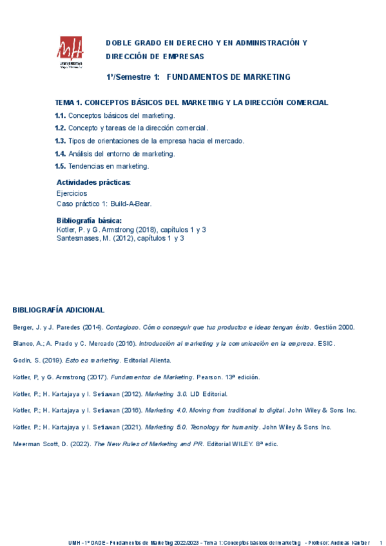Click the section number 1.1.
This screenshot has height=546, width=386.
point(60,115)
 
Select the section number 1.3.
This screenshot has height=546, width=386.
point(60,141)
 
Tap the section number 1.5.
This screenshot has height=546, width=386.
point(60,166)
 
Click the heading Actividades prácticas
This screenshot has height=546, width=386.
point(93,182)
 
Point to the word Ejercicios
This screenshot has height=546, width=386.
point(72,193)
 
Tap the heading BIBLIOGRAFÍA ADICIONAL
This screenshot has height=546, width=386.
point(58,310)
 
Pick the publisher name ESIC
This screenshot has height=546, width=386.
point(326,344)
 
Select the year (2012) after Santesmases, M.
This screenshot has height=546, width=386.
point(126,238)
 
